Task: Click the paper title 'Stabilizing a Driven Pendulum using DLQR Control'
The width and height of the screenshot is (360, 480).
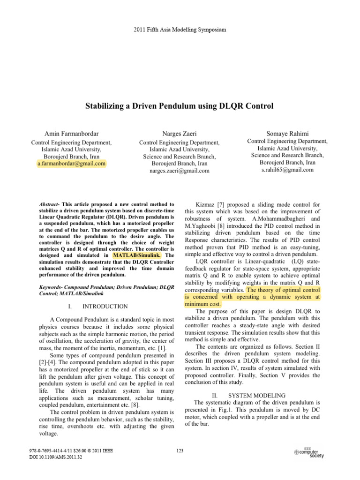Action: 179,106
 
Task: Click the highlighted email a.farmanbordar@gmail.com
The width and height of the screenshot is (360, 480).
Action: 71,164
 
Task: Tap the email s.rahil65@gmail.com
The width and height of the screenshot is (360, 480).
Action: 287,170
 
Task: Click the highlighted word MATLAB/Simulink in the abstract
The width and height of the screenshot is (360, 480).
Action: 137,255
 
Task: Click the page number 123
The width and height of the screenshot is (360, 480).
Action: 180,450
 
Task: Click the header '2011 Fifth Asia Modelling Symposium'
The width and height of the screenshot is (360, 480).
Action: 180,30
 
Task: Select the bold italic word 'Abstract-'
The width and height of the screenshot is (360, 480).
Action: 52,205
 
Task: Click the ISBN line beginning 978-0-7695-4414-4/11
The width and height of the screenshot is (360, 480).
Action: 70,450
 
